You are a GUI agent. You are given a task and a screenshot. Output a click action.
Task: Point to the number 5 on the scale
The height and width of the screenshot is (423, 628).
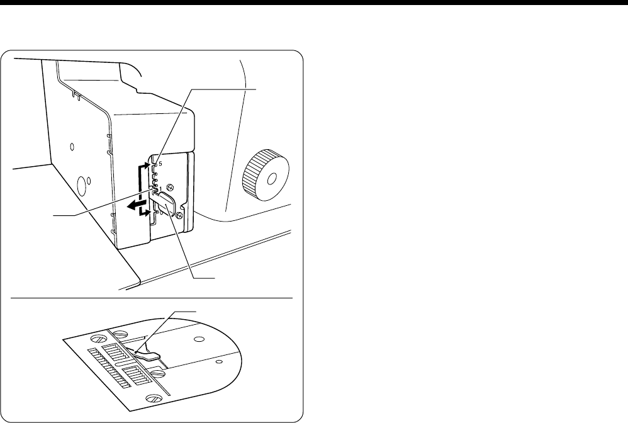[x=160, y=164]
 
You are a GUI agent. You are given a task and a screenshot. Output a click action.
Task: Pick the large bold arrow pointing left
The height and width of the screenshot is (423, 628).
[x=134, y=205]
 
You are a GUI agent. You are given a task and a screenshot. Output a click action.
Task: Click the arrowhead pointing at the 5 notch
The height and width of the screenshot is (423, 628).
[x=149, y=165]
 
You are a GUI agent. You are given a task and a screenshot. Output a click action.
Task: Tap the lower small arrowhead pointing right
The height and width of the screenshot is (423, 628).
[x=149, y=214]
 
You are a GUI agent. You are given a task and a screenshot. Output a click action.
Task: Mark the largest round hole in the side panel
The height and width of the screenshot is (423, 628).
[x=81, y=185]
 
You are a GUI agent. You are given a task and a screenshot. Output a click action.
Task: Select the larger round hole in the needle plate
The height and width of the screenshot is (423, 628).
[x=198, y=339]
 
